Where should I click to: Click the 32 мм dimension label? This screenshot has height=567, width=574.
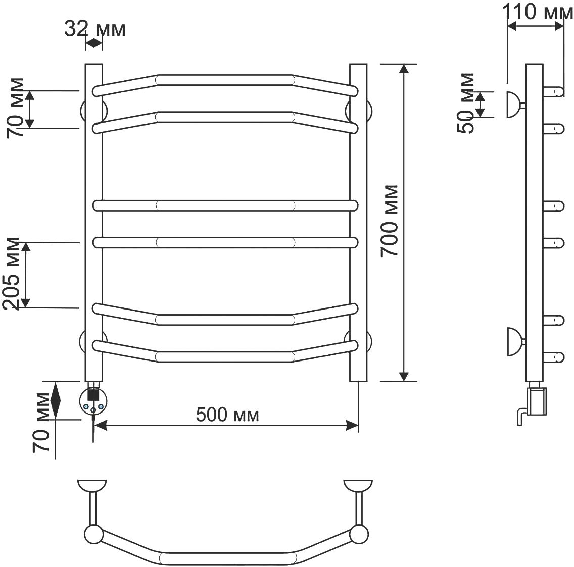95,29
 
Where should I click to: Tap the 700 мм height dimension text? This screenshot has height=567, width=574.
389,221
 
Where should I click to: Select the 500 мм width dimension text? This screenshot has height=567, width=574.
227,415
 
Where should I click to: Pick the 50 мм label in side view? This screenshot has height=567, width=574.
466,103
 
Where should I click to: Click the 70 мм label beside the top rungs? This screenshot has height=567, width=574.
15,108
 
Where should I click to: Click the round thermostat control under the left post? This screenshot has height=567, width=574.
93,402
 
